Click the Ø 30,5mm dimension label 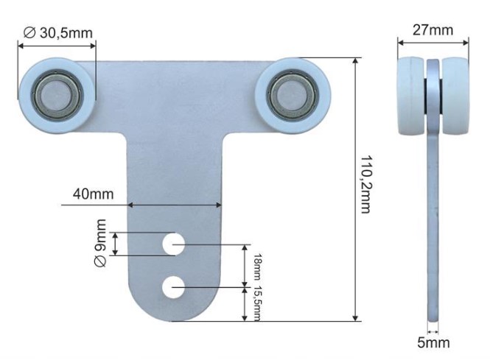pyautogui.click(x=58, y=33)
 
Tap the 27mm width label pyautogui.click(x=433, y=30)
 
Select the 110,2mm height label pyautogui.click(x=366, y=185)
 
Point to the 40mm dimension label pyautogui.click(x=93, y=194)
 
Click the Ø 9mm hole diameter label pyautogui.click(x=100, y=243)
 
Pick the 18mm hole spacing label pyautogui.click(x=257, y=267)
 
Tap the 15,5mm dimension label pyautogui.click(x=257, y=303)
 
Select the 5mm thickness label pyautogui.click(x=433, y=343)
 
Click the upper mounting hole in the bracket pyautogui.click(x=173, y=244)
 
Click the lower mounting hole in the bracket pyautogui.click(x=173, y=287)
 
